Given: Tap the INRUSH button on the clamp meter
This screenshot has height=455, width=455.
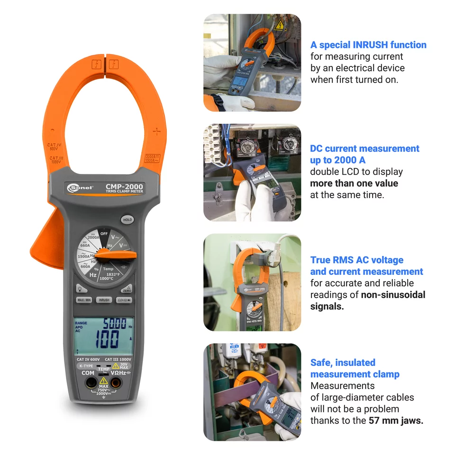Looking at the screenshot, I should pos(104,300).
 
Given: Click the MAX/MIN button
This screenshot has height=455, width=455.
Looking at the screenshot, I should pos(83,300).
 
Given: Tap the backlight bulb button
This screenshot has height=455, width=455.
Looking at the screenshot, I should pos(80,288).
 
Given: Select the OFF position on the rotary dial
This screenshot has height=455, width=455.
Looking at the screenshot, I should pos(104,234).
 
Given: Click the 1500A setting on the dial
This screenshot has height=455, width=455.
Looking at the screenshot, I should pos(84,256).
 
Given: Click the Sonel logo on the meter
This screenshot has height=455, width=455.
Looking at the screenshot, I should pos(81,188).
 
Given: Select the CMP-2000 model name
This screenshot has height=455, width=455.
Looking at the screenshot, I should pos(124,187).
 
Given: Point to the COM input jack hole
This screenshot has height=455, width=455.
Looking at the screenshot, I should pos(89,382).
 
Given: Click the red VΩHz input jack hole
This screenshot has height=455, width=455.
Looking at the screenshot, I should pos(116,382).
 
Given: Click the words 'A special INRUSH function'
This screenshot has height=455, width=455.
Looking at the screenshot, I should pos(368,45).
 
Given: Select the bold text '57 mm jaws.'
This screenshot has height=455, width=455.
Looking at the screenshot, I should pos(396,420).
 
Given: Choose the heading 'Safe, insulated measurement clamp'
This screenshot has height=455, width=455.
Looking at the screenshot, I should pos(355,368).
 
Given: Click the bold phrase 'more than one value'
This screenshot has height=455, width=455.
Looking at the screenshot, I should pos(354,183).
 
